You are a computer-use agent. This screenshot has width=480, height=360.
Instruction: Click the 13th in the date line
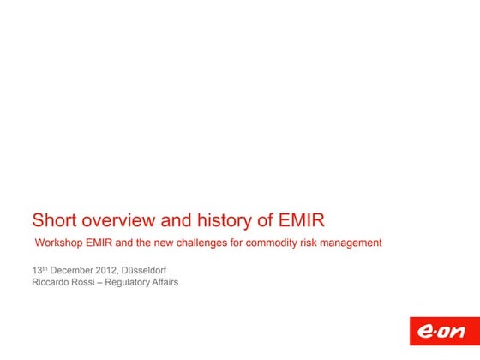pyautogui.click(x=39, y=270)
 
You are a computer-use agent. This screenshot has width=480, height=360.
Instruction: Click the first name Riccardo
pyautogui.click(x=52, y=282)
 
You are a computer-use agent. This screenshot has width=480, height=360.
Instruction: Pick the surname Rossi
pyautogui.click(x=89, y=282)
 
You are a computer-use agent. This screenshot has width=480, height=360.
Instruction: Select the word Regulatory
pyautogui.click(x=132, y=282)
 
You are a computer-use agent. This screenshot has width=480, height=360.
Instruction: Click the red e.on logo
pyautogui.click(x=437, y=334)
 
